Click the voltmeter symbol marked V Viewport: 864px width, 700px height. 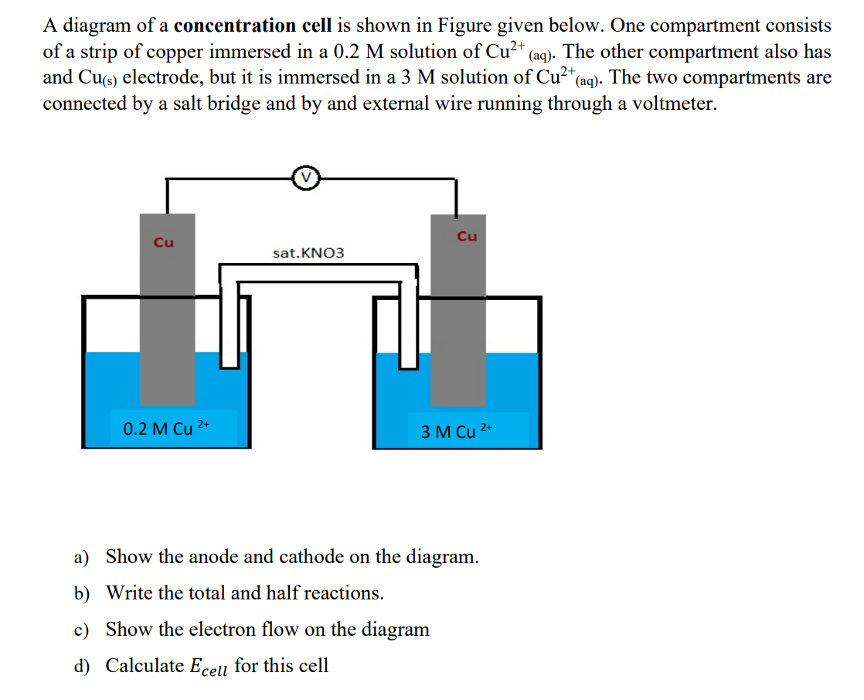306,178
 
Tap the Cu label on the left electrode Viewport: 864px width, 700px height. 163,242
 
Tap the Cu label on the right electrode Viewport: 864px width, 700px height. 467,236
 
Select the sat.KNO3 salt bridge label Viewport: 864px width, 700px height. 308,253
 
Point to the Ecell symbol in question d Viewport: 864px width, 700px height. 208,667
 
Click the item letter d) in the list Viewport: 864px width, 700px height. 82,666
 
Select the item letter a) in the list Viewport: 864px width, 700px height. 82,557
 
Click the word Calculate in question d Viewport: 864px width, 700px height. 145,665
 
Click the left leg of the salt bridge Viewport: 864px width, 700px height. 228,325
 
